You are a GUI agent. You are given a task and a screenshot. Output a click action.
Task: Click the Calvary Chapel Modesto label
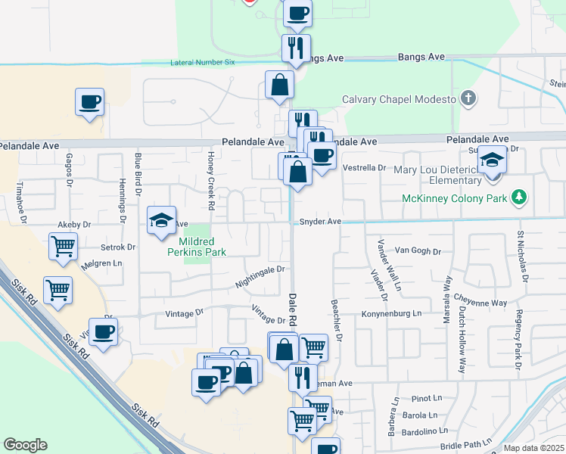399,100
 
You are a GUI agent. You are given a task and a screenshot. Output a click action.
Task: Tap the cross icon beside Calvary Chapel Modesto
469,98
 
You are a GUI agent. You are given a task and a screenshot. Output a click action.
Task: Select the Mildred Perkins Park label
196,246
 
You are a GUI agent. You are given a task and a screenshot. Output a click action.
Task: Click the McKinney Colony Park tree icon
518,198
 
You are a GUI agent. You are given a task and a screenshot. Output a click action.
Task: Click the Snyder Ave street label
320,222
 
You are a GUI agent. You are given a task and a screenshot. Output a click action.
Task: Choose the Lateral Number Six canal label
203,63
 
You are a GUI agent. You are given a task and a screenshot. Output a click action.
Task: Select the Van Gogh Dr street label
417,250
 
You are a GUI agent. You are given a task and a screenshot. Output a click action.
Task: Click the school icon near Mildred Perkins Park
161,220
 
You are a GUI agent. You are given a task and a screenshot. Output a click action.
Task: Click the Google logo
25,444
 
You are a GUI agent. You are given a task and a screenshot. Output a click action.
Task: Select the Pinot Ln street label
427,398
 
